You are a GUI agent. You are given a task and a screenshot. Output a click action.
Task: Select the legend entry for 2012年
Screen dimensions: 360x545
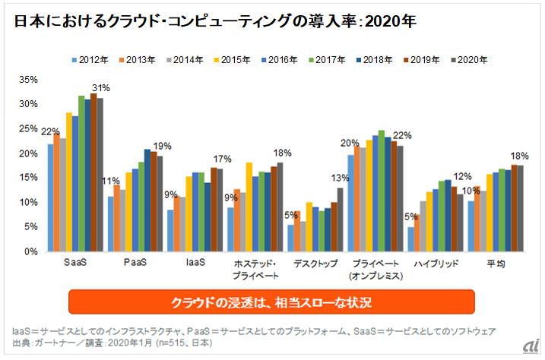click(92, 59)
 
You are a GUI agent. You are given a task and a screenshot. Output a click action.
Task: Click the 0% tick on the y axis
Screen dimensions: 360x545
click(30, 251)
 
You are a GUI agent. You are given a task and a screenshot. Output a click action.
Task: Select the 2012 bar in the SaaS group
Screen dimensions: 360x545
click(51, 197)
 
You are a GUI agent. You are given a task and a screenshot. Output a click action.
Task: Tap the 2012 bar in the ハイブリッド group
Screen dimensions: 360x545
click(411, 238)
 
